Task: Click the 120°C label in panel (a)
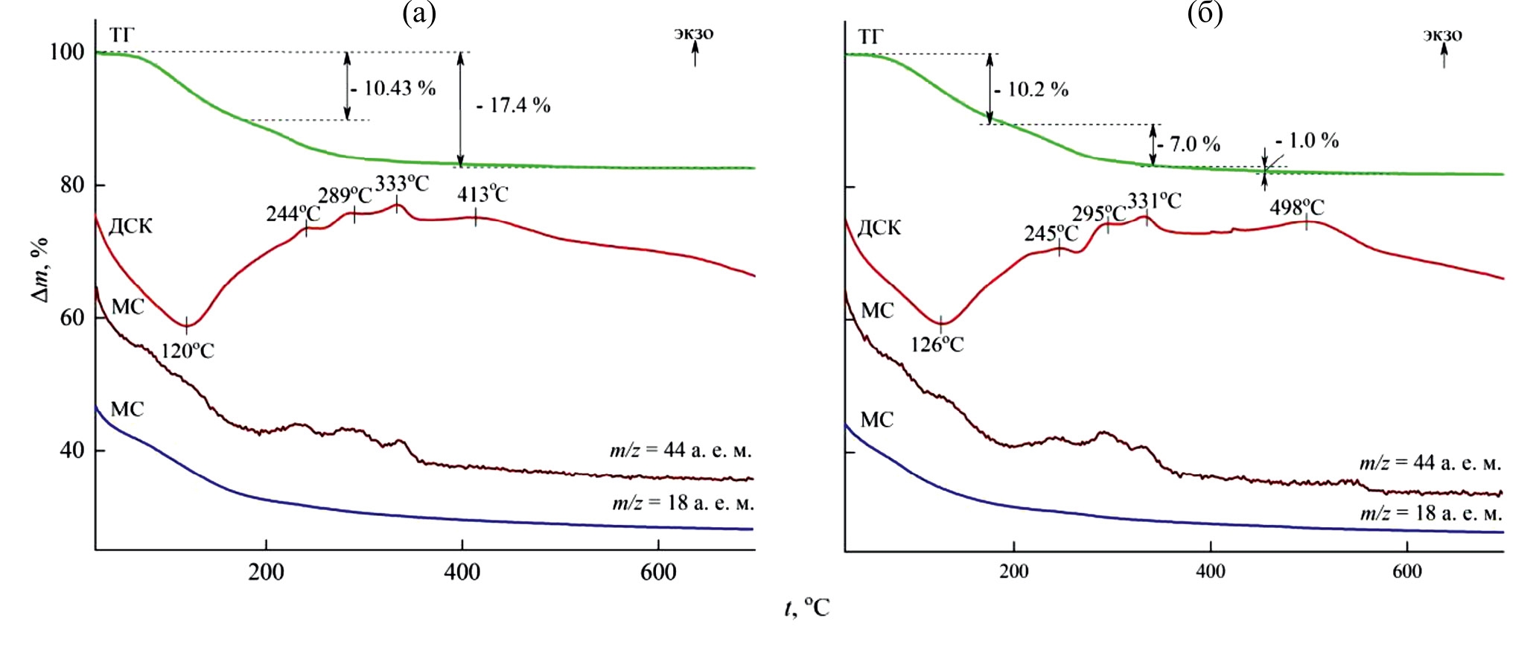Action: tap(188, 350)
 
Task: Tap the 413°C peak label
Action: tap(482, 195)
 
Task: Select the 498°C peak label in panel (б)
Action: tap(1297, 208)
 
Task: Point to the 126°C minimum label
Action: tap(937, 345)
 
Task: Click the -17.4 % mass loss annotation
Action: tap(514, 106)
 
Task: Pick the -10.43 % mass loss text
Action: tap(395, 89)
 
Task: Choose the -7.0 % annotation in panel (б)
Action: tap(1189, 144)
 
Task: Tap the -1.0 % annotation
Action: tap(1307, 140)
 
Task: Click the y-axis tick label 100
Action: tap(67, 52)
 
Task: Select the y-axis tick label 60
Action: tap(72, 318)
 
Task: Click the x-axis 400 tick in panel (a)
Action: tap(462, 573)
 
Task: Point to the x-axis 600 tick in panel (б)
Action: tap(1406, 572)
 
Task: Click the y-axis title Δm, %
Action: tap(39, 270)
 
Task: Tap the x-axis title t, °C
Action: tap(807, 609)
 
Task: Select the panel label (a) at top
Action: tap(418, 13)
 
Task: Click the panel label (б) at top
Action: tap(1205, 13)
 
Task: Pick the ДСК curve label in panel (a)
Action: tap(130, 226)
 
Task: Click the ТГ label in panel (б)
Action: tap(870, 37)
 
